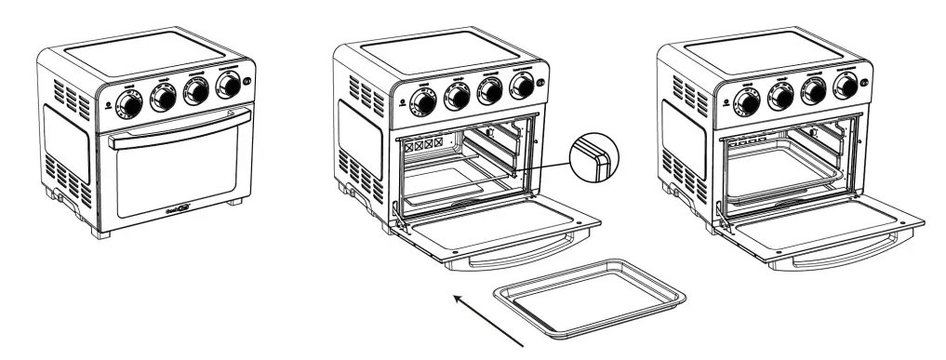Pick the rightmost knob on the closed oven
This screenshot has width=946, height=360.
(226, 87)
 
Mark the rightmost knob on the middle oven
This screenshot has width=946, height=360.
(522, 87)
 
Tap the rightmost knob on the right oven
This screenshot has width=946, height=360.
(845, 87)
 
